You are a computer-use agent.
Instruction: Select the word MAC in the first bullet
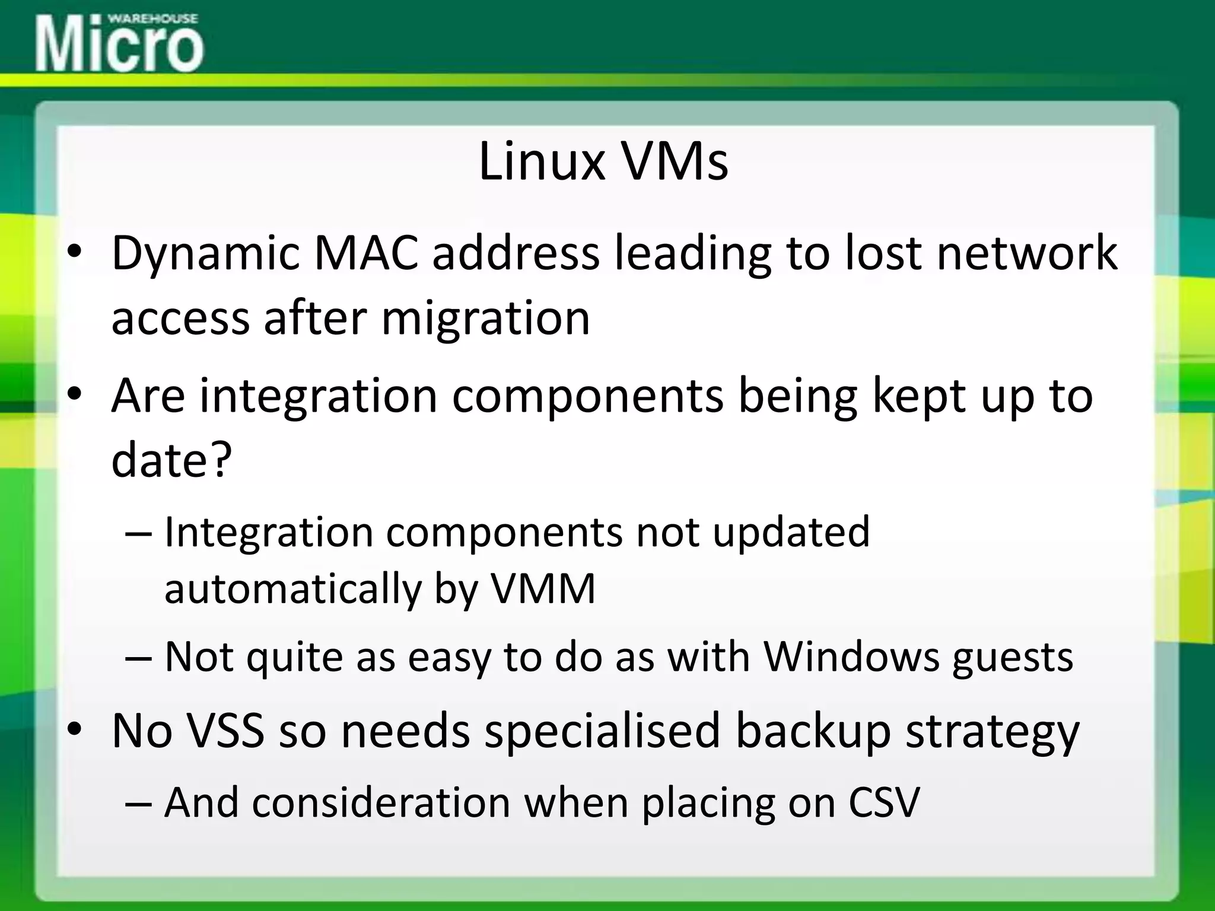coord(365,253)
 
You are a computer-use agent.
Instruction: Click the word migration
coord(485,318)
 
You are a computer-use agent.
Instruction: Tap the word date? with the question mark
coord(171,460)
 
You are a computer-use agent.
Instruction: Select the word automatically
coord(292,590)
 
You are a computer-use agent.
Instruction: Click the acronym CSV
coord(883,802)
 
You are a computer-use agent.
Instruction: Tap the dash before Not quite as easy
coord(139,658)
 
